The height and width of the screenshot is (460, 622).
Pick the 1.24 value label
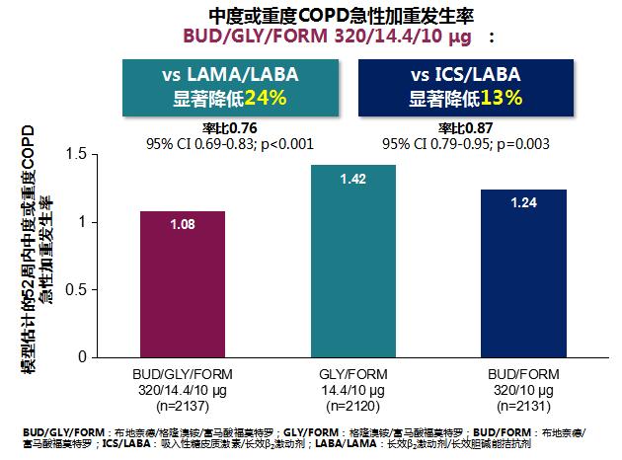tap(524, 202)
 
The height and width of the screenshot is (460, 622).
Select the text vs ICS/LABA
tap(464, 75)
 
